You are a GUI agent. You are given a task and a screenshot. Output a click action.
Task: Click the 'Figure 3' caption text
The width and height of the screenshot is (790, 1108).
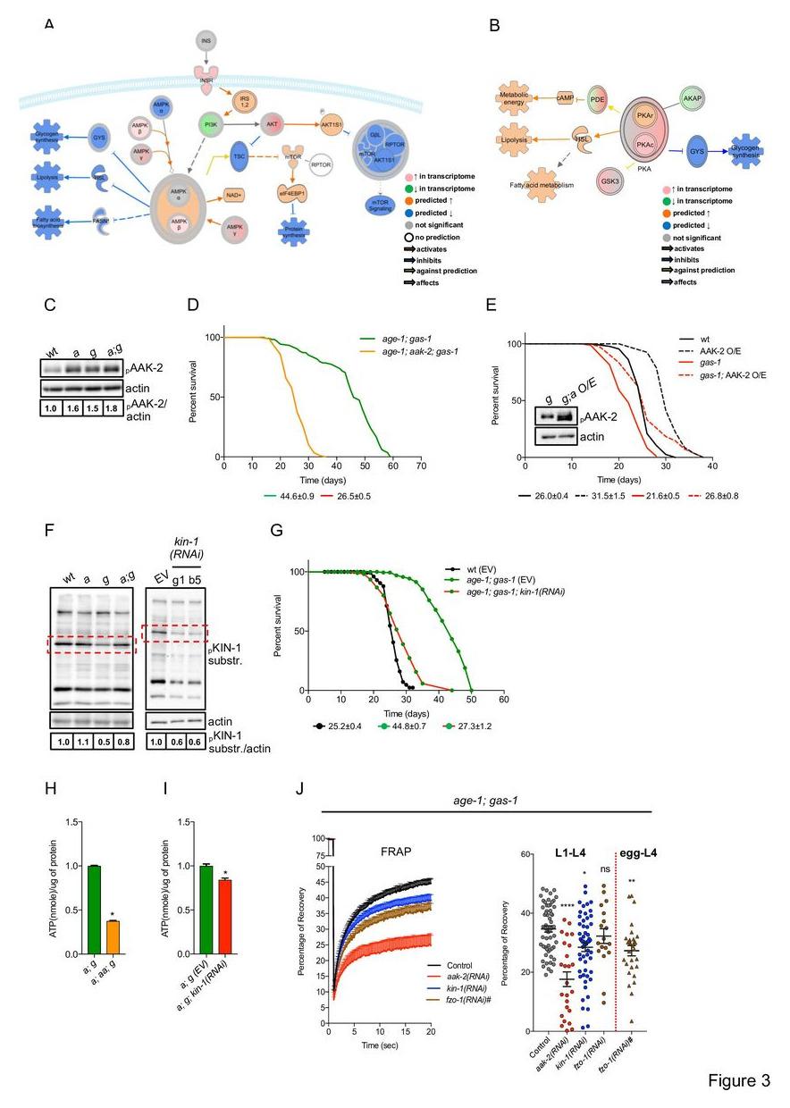[x=739, y=1080]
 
